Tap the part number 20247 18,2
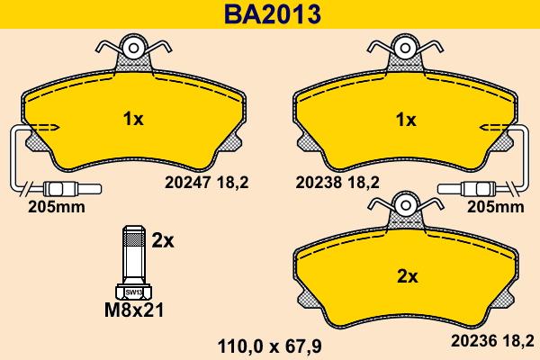(x=206, y=182)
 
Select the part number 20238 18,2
(x=337, y=182)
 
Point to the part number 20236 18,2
(x=492, y=339)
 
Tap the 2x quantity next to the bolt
(x=163, y=240)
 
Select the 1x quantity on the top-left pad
(x=132, y=118)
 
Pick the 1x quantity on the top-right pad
(x=406, y=119)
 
